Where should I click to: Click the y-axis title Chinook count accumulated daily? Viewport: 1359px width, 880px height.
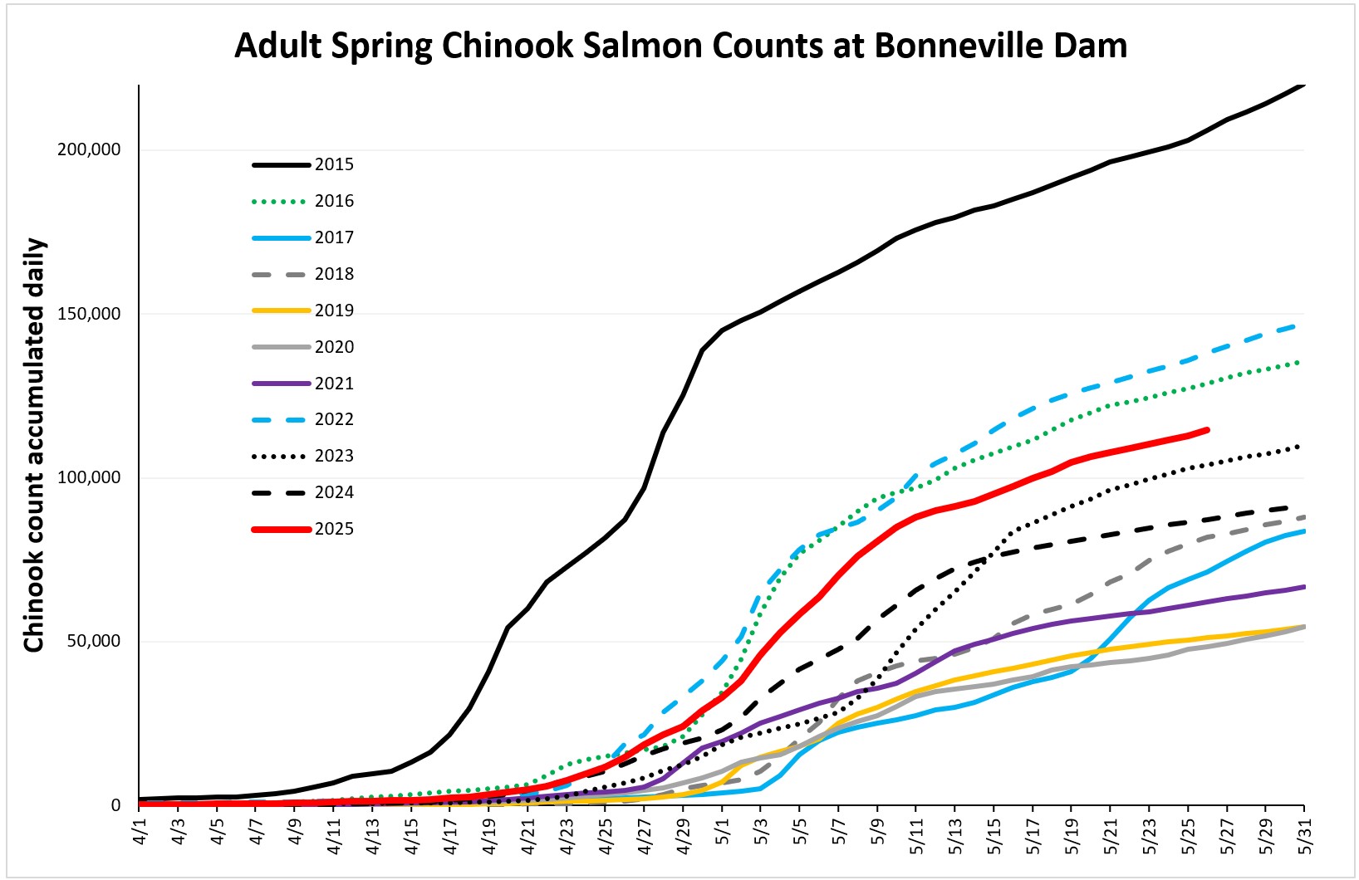coord(33,445)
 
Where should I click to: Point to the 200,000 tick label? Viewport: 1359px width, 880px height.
coord(89,150)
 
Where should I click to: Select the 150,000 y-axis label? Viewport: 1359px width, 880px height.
coord(89,314)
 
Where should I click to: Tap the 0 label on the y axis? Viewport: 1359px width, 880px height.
coord(115,805)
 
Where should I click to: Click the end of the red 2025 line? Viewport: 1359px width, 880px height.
coord(1207,429)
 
